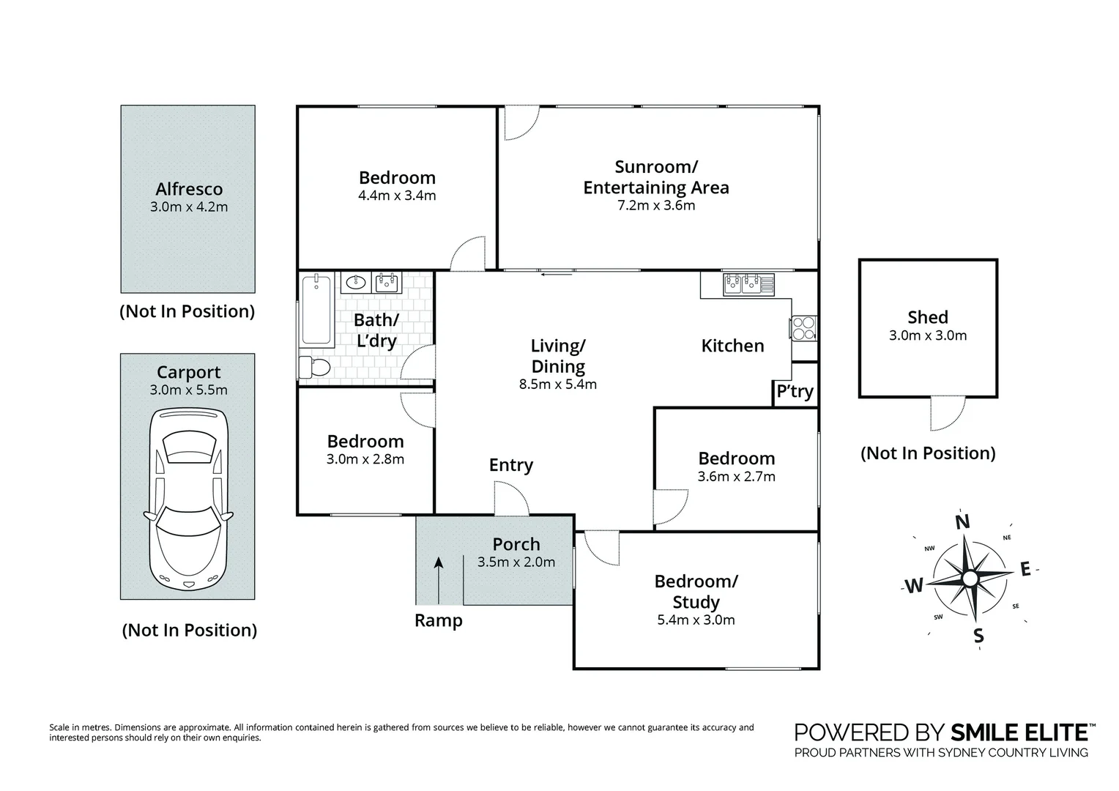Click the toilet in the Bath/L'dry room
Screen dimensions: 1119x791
tap(314, 367)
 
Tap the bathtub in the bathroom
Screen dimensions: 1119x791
tap(316, 310)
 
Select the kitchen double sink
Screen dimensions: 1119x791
tap(748, 284)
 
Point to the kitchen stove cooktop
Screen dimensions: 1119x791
tap(803, 328)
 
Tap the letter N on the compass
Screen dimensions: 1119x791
tap(962, 521)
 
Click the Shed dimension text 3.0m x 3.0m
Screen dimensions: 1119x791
tap(928, 335)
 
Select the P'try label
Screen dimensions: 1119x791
tap(795, 391)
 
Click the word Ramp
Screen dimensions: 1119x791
tap(439, 620)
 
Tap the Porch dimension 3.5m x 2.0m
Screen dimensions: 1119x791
tap(516, 562)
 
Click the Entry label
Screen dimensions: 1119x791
tap(511, 465)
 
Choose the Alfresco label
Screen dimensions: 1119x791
tap(189, 189)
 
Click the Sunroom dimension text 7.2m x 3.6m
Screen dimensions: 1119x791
tap(656, 205)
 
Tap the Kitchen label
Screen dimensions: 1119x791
tap(732, 346)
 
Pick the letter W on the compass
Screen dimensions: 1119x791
tap(914, 586)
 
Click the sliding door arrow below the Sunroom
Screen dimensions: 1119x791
tap(557, 274)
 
